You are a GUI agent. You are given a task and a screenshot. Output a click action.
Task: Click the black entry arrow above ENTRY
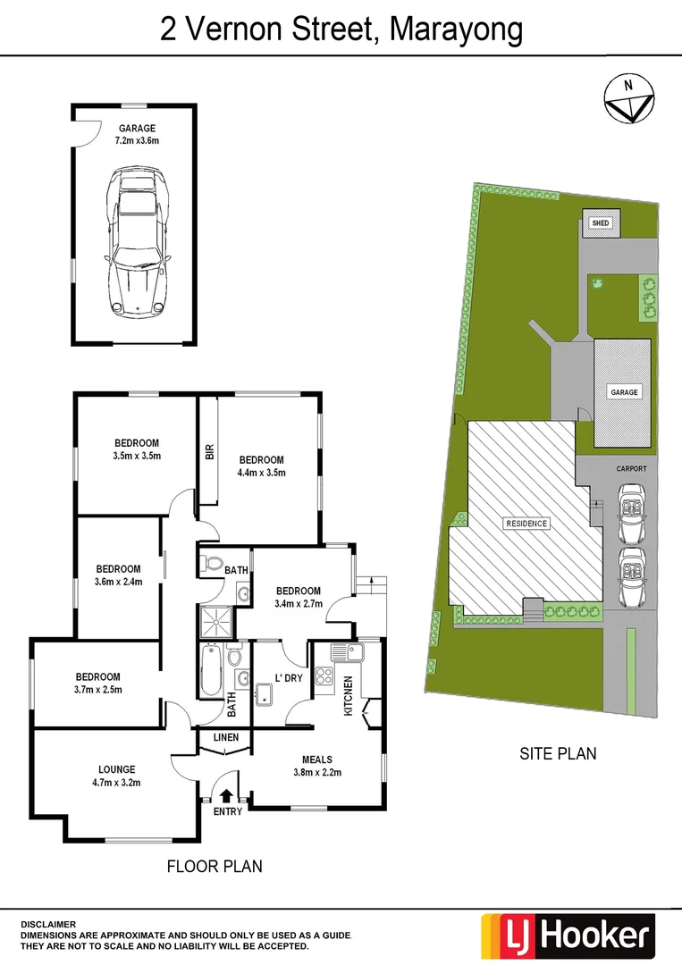pos(226,793)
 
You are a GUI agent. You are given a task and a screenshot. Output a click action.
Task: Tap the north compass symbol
pos(630,97)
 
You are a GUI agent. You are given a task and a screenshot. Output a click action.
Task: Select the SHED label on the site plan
pos(601,223)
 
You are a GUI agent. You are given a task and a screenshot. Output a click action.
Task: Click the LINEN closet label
pos(226,737)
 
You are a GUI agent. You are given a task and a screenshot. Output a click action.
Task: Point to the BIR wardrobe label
pos(210,452)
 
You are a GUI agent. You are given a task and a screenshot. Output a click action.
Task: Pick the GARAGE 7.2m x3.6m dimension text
pos(136,141)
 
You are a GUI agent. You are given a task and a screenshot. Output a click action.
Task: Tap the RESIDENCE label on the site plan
pos(526,524)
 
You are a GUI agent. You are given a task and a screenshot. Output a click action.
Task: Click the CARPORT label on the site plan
pos(631,468)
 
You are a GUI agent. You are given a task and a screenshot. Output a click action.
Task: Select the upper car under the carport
pos(633,514)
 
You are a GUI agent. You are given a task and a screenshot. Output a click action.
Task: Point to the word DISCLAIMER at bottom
pos(48,925)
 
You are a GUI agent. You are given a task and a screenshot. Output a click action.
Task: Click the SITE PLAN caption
pos(557,754)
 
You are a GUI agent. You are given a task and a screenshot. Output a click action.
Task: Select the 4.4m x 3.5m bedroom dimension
pos(261,473)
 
